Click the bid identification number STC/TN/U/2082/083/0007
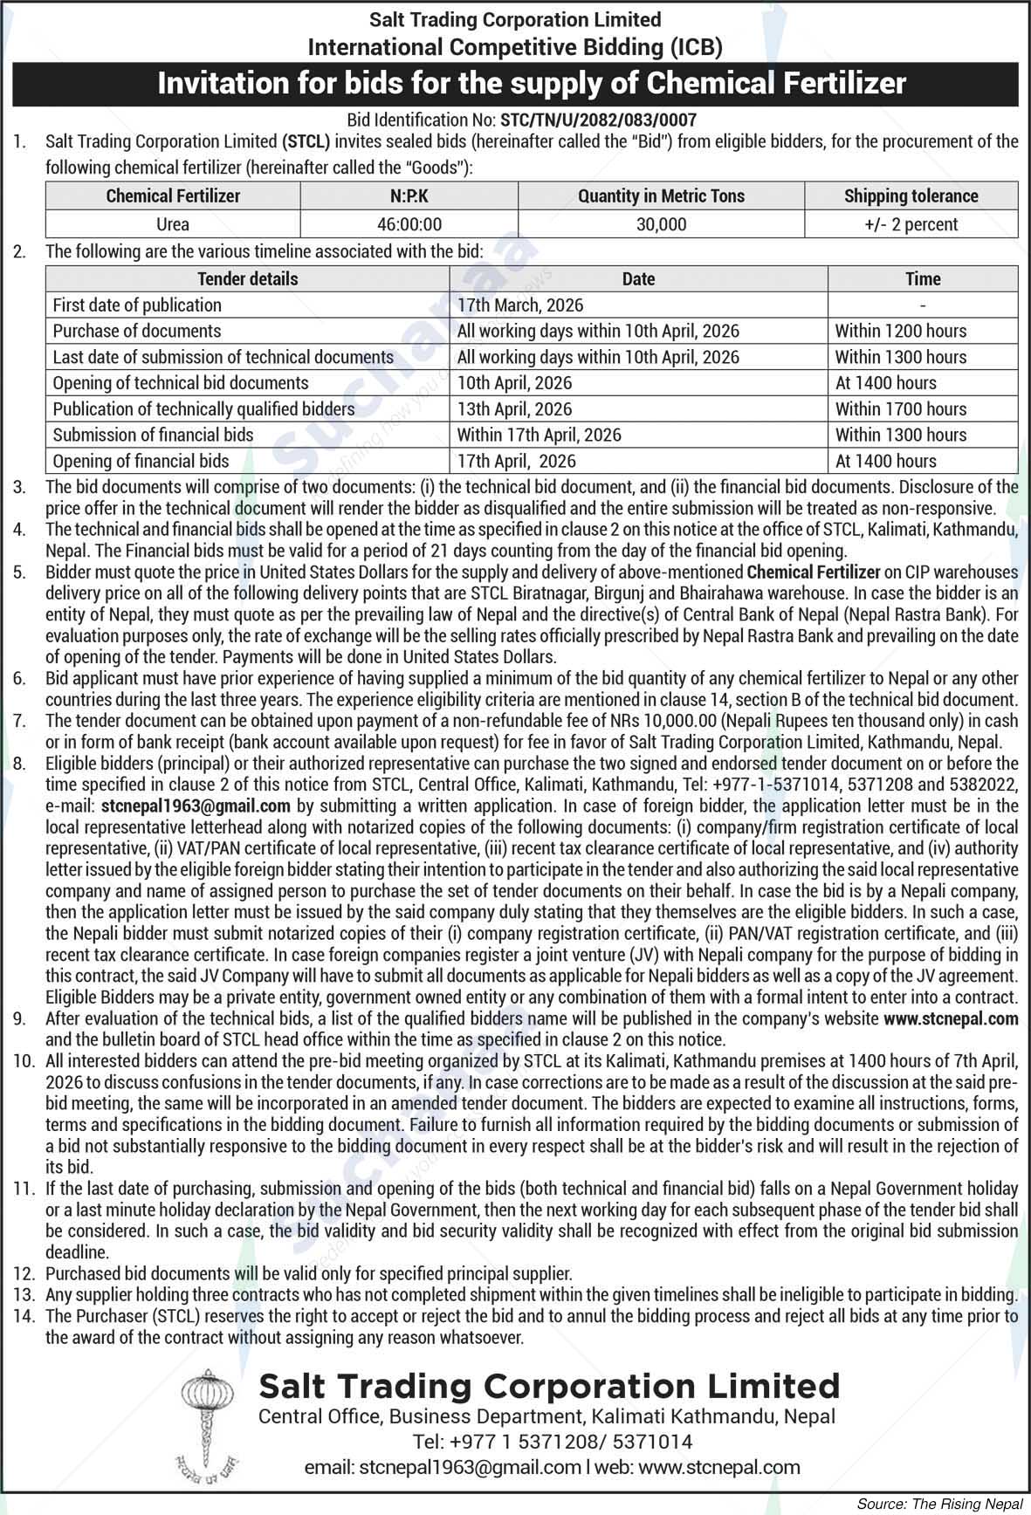598,120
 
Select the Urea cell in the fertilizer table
173,224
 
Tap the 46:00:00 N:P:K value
409,224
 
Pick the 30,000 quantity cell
661,224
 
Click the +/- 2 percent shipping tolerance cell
911,224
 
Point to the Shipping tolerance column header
911,196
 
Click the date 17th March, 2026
520,305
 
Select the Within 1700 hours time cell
900,409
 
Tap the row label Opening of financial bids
141,462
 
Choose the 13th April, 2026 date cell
514,409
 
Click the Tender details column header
247,279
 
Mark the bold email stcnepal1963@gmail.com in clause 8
196,806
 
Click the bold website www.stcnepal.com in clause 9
951,1018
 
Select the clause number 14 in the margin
23,1316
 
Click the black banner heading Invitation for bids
531,84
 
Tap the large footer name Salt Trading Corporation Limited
549,1386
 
